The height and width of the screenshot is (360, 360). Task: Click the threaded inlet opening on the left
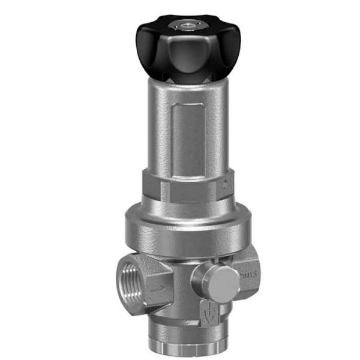(130, 276)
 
